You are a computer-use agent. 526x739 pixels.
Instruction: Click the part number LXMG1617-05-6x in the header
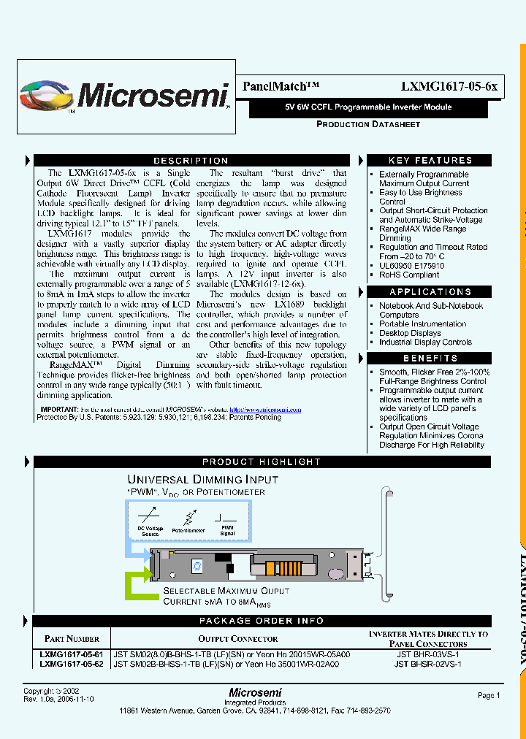449,86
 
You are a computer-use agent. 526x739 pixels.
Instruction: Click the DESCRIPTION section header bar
191,161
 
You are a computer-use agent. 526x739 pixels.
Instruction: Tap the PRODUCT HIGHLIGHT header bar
261,462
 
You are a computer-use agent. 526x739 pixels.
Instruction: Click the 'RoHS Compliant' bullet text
409,275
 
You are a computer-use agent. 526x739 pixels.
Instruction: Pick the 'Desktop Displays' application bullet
410,333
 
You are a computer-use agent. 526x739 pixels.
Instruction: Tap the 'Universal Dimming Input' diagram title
203,480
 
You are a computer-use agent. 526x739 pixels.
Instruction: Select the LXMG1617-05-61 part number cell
72,655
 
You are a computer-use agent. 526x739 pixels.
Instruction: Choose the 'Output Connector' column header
233,639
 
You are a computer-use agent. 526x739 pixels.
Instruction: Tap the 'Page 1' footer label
489,696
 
